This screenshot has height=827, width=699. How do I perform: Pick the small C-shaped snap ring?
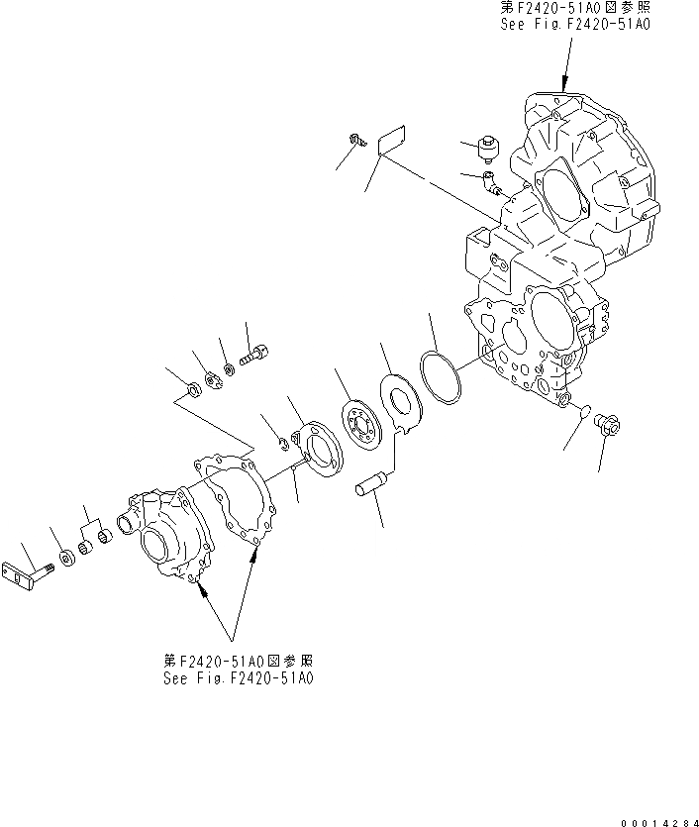pos(283,441)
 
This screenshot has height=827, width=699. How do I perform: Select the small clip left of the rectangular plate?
pos(357,143)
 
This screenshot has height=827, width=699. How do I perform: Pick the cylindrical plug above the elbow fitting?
pos(488,151)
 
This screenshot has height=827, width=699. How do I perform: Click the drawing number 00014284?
pos(655,818)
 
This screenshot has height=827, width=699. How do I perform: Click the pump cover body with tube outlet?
pos(168,530)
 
